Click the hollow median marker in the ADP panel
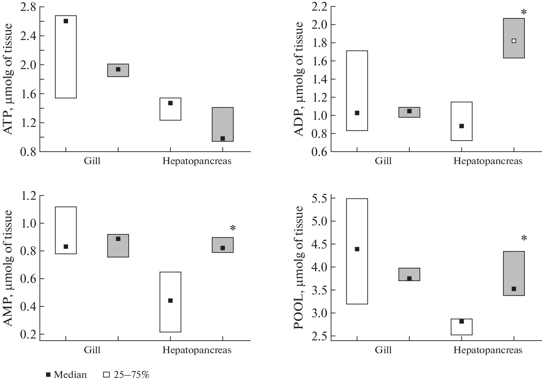[x=514, y=41]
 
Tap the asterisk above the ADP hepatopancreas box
[x=524, y=13]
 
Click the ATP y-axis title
[x=9, y=79]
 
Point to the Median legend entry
[x=67, y=374]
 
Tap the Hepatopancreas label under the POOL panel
[x=488, y=350]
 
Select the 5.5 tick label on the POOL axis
[x=319, y=198]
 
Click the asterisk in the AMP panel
[x=233, y=228]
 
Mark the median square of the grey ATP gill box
[x=118, y=69]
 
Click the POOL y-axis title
[x=299, y=268]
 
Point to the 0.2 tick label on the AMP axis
[x=28, y=334]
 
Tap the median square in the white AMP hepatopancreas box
[x=170, y=301]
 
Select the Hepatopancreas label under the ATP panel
[x=197, y=161]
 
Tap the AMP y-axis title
[x=9, y=268]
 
